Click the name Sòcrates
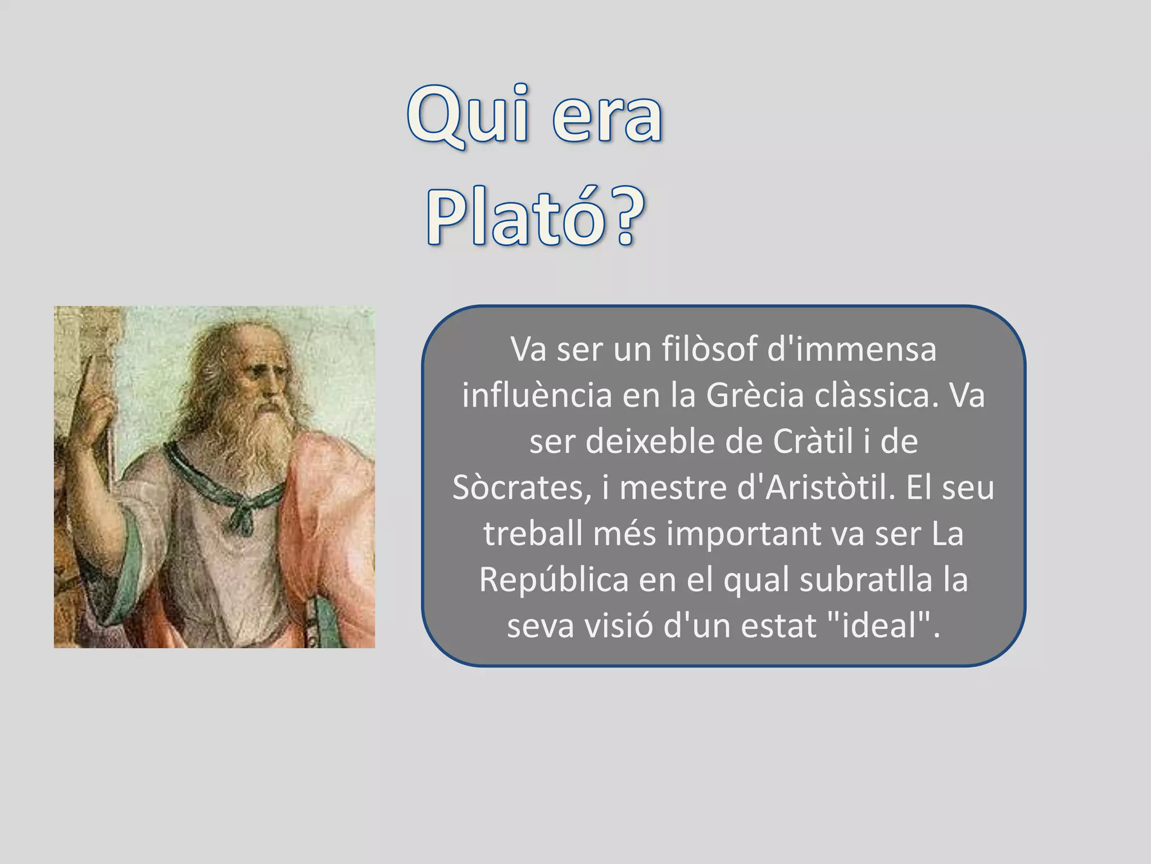click(x=522, y=487)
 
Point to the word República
click(x=554, y=579)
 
